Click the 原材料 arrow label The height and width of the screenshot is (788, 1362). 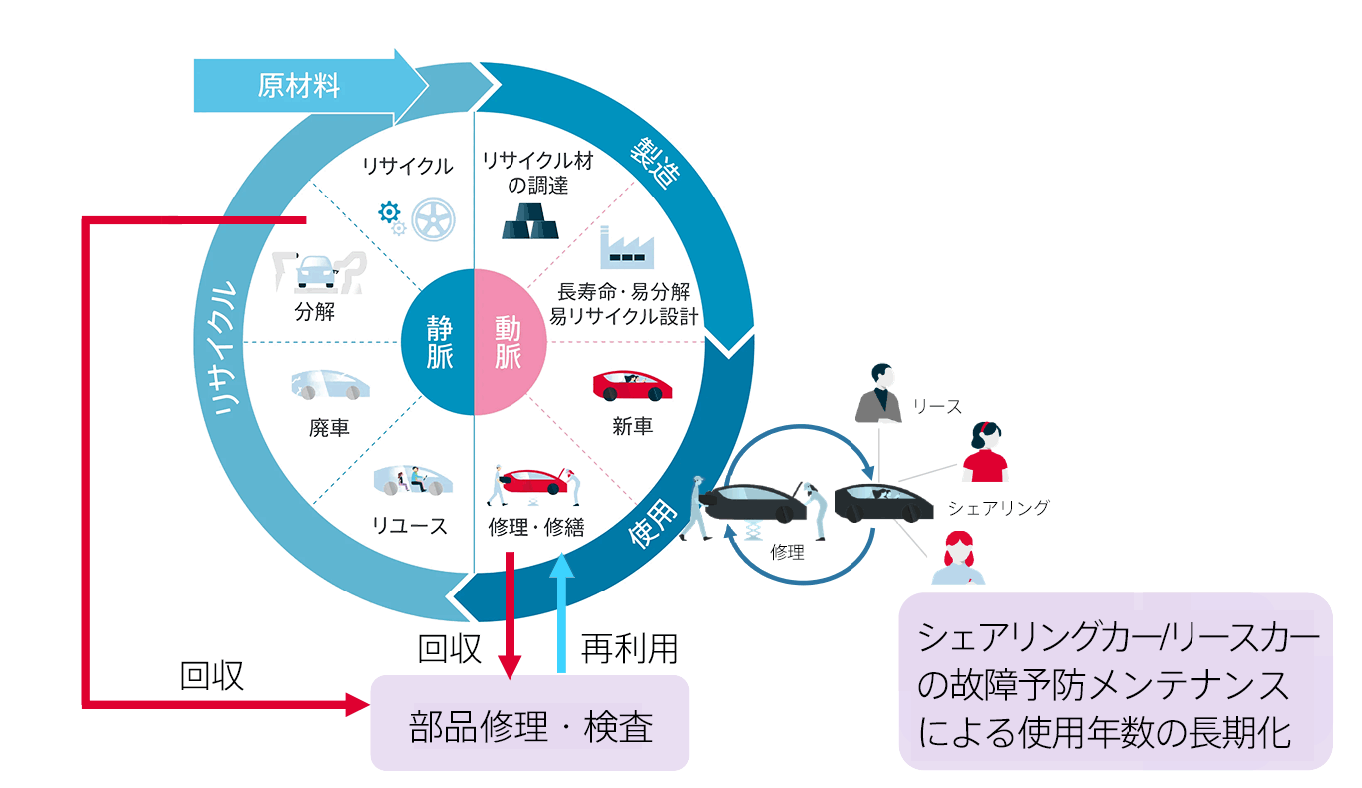(299, 86)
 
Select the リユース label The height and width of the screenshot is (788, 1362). (411, 526)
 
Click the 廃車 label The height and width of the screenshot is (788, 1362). (329, 428)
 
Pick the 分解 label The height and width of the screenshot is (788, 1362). (315, 312)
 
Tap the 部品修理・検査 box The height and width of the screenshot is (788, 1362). (529, 724)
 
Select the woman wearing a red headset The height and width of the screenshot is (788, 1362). (985, 453)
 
